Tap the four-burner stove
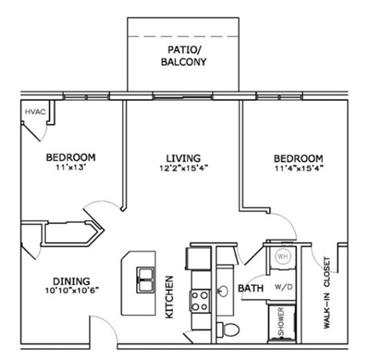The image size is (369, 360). pyautogui.click(x=201, y=297)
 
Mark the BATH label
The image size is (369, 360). pyautogui.click(x=252, y=288)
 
